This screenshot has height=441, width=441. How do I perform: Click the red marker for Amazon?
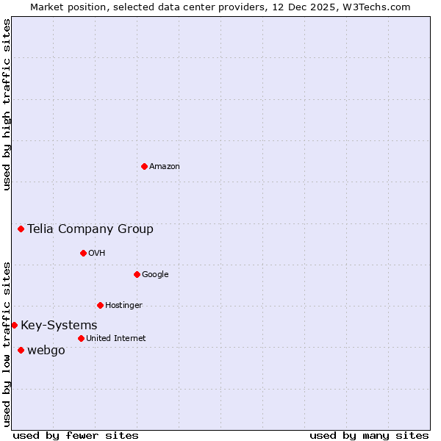144,166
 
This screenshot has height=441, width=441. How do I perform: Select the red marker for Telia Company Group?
21,229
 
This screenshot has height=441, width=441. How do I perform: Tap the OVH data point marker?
83,253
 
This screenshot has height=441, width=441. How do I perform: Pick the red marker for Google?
137,274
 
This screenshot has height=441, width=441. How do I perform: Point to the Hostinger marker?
100,305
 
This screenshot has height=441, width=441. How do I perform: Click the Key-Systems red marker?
14,325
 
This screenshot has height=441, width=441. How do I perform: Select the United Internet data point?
81,338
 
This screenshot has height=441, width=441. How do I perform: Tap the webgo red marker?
21,350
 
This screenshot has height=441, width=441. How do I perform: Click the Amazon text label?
165,167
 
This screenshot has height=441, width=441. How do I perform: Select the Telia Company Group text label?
90,229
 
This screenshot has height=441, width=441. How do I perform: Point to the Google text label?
155,275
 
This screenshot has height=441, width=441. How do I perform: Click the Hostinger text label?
123,306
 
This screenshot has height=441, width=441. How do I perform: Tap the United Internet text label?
115,339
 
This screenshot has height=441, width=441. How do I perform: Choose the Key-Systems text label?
59,326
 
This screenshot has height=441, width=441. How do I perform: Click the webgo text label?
46,351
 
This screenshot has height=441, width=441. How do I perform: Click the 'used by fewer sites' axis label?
76,435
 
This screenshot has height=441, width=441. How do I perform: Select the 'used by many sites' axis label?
369,435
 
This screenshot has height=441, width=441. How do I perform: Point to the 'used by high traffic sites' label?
7,104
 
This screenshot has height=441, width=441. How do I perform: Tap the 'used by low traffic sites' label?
7,343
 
